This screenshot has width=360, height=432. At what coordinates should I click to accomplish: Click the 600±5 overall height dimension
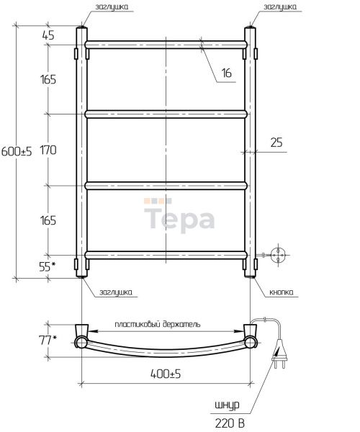[17, 151]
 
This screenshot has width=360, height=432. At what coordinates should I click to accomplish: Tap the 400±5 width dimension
[166, 374]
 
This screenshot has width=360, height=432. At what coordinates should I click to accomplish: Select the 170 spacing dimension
[48, 150]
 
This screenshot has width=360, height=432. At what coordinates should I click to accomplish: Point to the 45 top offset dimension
[48, 35]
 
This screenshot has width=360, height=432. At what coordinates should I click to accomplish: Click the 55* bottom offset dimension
[48, 266]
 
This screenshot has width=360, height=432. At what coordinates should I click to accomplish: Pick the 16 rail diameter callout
[227, 73]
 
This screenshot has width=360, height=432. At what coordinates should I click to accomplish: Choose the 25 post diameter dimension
[276, 143]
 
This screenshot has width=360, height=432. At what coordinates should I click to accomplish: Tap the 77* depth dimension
[48, 341]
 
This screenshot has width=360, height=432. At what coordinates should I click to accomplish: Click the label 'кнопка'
[281, 292]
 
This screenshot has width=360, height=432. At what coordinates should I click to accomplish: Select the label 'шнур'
[227, 405]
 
